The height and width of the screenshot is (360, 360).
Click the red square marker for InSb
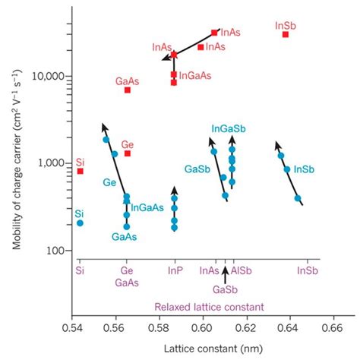(286, 34)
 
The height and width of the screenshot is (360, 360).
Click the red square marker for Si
(81, 171)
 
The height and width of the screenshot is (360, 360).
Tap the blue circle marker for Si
(81, 223)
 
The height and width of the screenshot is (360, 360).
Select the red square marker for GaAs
(128, 90)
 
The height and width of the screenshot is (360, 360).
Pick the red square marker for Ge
(128, 153)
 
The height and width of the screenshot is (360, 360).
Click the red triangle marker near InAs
(174, 54)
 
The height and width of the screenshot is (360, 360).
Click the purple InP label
(174, 270)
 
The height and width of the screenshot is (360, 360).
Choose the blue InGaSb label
(227, 130)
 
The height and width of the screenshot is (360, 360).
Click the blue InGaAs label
(147, 207)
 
